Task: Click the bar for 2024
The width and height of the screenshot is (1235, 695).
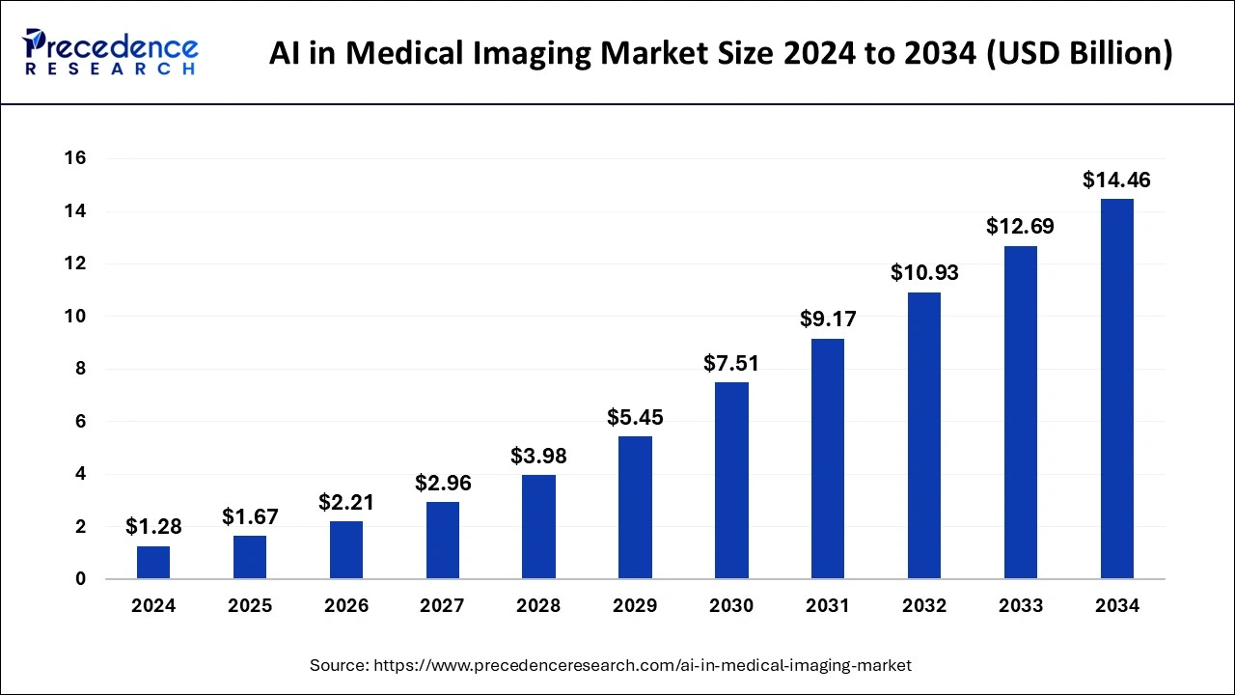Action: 153,562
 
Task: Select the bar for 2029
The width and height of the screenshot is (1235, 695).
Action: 635,507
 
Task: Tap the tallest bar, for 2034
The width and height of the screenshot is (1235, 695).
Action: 1116,389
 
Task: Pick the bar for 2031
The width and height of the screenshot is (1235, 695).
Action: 828,459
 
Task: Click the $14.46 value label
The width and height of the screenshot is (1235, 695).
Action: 1116,180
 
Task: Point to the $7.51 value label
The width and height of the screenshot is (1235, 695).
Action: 731,363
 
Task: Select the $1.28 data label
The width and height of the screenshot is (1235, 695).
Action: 153,527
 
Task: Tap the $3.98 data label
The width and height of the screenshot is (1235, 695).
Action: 538,456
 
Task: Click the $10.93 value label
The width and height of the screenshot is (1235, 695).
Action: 923,273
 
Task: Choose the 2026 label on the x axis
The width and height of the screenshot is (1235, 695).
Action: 346,606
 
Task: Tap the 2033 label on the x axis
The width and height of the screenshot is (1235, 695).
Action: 1020,606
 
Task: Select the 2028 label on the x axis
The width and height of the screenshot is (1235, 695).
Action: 538,606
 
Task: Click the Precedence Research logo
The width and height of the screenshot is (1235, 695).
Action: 112,52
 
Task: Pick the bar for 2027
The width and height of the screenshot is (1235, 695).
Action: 442,540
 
